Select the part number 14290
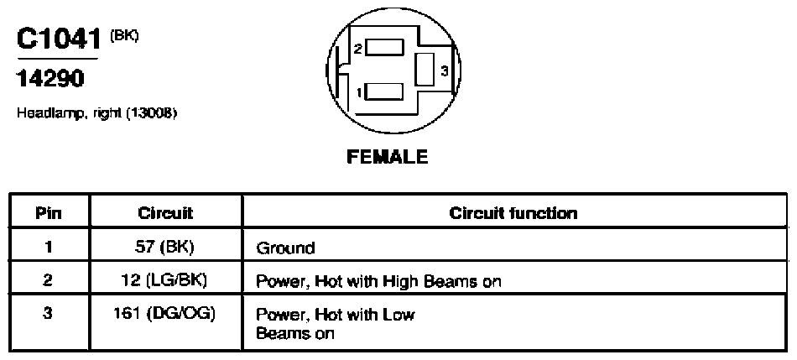coord(50,79)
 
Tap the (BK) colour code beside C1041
coord(124,35)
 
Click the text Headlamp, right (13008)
coord(97,113)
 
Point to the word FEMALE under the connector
coord(388,157)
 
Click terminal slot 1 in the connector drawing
coord(385,92)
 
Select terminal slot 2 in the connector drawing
coord(385,47)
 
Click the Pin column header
coord(49,212)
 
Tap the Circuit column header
coord(166,212)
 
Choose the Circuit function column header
coord(513,212)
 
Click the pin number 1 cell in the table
coord(49,247)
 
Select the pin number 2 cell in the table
coord(49,280)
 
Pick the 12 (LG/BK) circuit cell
coord(166,280)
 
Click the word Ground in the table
coord(285,248)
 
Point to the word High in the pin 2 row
coord(402,281)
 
